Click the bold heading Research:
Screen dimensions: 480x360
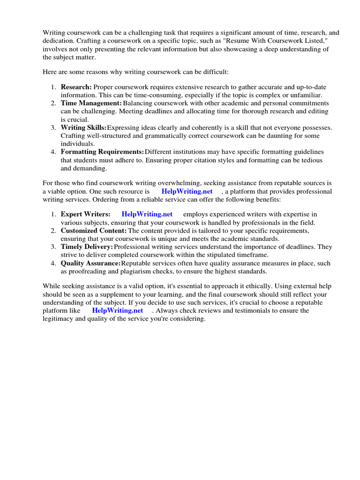click(76, 88)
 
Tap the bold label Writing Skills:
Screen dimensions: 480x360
click(83, 127)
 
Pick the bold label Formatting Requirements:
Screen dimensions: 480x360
click(102, 152)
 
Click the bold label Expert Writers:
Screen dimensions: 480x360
click(85, 214)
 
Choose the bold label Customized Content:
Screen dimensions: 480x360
click(94, 231)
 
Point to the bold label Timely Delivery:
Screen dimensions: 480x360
click(87, 247)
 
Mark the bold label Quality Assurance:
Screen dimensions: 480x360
click(90, 263)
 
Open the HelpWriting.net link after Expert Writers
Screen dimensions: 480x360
click(147, 214)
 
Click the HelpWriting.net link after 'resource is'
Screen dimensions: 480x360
click(187, 191)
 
